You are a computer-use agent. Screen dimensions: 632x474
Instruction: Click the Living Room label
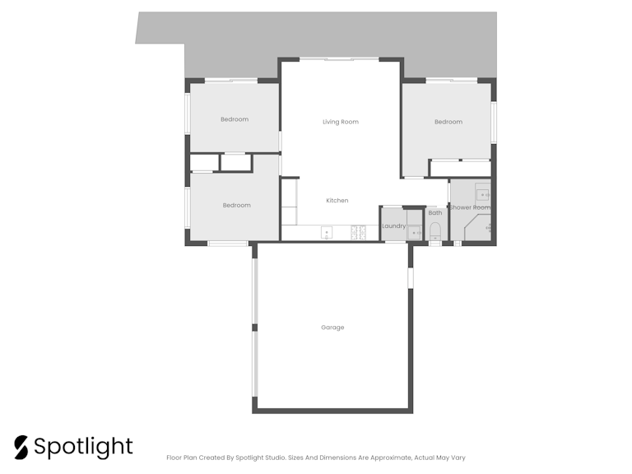(x=341, y=122)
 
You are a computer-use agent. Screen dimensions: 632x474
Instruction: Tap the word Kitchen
(x=337, y=200)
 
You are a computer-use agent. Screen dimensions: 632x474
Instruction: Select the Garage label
(x=332, y=328)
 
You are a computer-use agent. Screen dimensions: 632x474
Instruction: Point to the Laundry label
(x=394, y=226)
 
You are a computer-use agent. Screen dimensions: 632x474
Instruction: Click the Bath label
(x=434, y=213)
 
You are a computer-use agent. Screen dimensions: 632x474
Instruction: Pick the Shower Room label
(x=470, y=207)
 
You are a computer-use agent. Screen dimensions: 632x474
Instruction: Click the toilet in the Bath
(x=435, y=232)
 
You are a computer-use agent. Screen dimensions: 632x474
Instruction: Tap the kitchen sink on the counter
(x=327, y=233)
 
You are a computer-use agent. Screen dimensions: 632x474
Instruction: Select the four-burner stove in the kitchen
(x=358, y=233)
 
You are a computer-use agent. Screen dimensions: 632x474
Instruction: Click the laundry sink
(x=414, y=233)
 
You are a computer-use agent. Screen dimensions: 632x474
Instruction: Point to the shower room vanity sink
(x=482, y=195)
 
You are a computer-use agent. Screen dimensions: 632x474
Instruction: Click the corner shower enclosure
(x=477, y=228)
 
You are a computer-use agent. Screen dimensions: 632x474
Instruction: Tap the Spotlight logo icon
(x=21, y=448)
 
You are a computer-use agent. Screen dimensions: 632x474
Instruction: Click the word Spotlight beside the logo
(x=83, y=447)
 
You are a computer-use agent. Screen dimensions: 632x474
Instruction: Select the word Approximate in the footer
(x=391, y=458)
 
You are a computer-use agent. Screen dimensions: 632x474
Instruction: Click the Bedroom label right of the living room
(x=448, y=122)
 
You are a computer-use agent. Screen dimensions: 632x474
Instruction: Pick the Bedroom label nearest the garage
(x=237, y=205)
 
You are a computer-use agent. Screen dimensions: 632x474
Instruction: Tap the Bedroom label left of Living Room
(x=235, y=119)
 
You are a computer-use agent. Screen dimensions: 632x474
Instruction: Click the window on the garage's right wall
(x=411, y=278)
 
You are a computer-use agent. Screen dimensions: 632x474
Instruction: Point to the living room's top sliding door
(x=339, y=59)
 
